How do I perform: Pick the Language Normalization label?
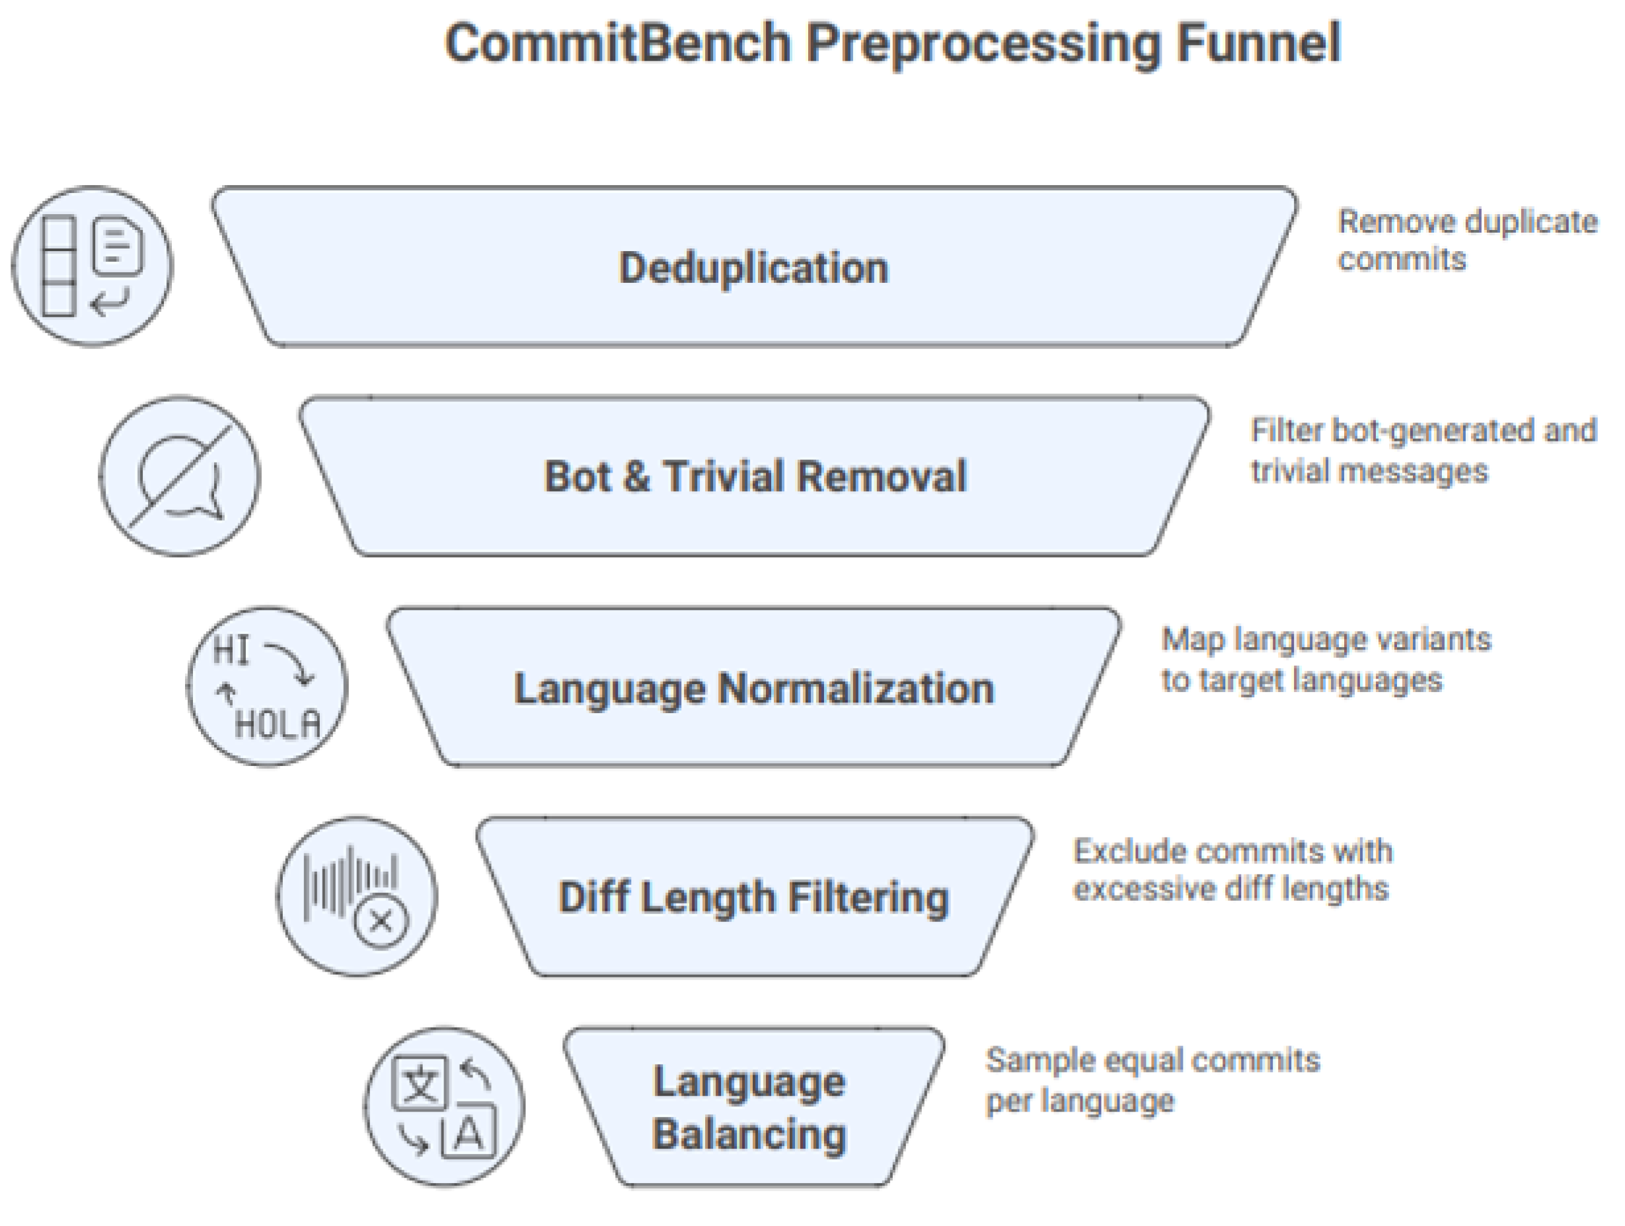[x=754, y=689]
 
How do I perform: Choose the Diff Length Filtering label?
[x=754, y=897]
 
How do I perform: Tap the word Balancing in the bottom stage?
[x=749, y=1133]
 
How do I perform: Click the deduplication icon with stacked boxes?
[x=92, y=266]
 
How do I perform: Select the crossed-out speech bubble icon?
[x=179, y=476]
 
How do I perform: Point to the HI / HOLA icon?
[x=268, y=687]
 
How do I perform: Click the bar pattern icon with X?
[x=357, y=896]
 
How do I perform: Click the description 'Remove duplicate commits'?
[x=1467, y=240]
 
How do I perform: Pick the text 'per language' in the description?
[x=1080, y=1100]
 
